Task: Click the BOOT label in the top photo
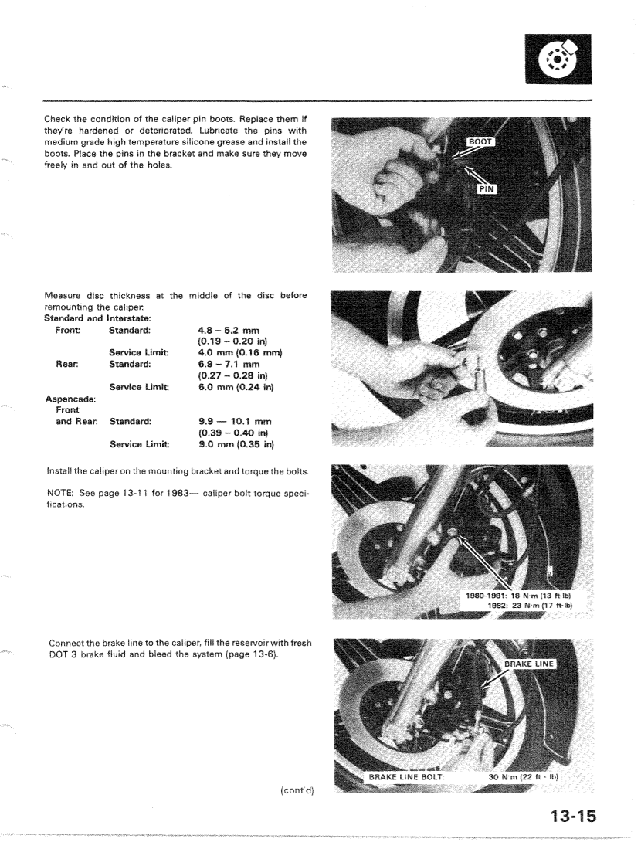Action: (480, 142)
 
